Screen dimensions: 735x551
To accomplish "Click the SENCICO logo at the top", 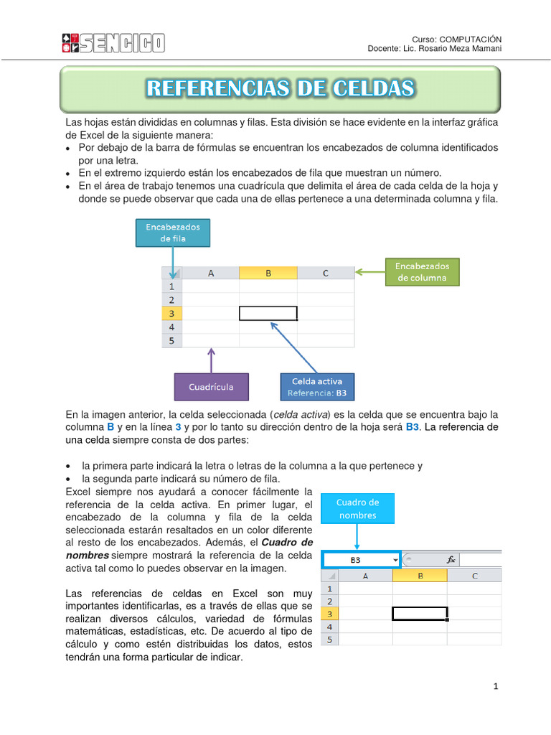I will click(x=113, y=42).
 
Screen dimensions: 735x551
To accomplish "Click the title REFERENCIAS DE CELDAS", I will click(x=281, y=88).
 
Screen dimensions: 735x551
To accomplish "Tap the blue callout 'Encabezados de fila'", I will click(x=173, y=233).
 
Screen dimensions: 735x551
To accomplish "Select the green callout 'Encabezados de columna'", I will click(x=423, y=272).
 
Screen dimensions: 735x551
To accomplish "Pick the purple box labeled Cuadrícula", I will click(x=211, y=387).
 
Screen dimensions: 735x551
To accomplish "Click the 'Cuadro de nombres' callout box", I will click(x=358, y=508).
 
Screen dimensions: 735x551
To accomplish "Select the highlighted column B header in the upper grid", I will click(x=268, y=273).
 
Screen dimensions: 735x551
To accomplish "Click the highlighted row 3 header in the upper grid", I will click(x=171, y=314).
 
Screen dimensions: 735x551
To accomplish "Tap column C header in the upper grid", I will click(x=325, y=273).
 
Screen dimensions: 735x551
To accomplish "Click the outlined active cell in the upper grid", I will click(x=268, y=314).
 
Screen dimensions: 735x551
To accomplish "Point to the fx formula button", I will click(x=451, y=559).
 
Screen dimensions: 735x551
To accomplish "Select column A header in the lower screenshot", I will click(x=365, y=575).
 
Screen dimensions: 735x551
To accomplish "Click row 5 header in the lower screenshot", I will click(x=329, y=640).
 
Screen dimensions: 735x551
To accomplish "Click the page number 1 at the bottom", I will click(x=495, y=687).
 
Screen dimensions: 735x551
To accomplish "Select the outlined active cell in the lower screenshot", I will click(x=420, y=614).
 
